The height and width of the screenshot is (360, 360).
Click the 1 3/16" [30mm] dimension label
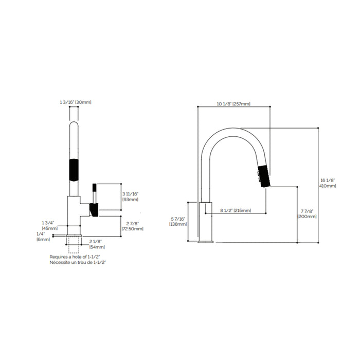click(x=76, y=103)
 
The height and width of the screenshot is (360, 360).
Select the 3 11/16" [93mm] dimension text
click(x=131, y=196)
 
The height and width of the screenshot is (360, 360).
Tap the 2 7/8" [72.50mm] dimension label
click(x=132, y=225)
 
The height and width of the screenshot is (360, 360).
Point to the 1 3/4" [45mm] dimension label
click(x=50, y=225)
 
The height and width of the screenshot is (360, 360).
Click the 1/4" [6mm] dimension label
click(x=43, y=236)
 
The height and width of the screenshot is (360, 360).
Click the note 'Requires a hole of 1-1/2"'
click(x=74, y=257)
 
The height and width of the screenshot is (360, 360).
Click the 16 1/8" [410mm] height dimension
click(x=328, y=183)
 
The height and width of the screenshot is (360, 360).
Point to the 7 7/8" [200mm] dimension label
click(x=307, y=213)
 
